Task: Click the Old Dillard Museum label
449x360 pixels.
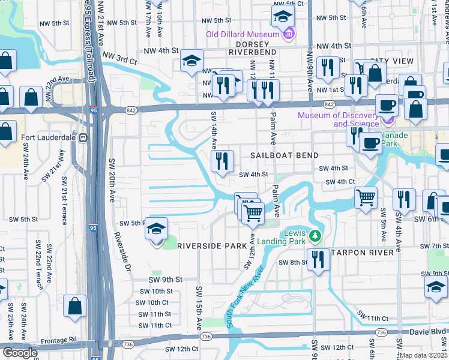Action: pyautogui.click(x=244, y=34)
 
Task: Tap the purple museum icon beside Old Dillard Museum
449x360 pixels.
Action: pyautogui.click(x=290, y=34)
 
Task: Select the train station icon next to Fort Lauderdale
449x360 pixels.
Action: pyautogui.click(x=85, y=136)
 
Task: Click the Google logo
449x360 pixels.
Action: pyautogui.click(x=20, y=353)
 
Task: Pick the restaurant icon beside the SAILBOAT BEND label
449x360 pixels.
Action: pyautogui.click(x=222, y=161)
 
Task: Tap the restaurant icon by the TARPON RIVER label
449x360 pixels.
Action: pyautogui.click(x=318, y=259)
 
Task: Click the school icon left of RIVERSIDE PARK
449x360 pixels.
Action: pyautogui.click(x=157, y=230)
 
